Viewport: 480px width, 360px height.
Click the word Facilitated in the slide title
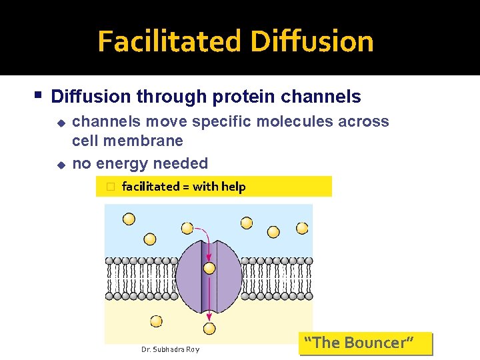(x=171, y=41)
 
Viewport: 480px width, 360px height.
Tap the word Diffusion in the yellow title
(x=312, y=41)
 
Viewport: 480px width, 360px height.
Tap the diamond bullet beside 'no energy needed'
(x=59, y=163)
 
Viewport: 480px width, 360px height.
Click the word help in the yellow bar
(x=234, y=187)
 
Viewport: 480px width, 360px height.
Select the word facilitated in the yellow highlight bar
(x=151, y=187)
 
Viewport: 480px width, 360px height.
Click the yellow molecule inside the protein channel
(x=209, y=268)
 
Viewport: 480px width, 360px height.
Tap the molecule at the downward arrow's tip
(x=209, y=328)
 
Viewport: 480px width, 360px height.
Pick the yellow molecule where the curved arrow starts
(x=187, y=229)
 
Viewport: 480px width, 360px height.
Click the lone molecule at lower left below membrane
(x=156, y=321)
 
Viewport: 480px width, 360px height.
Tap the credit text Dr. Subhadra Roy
(x=170, y=349)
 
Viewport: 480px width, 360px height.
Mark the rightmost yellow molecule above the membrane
(x=302, y=228)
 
